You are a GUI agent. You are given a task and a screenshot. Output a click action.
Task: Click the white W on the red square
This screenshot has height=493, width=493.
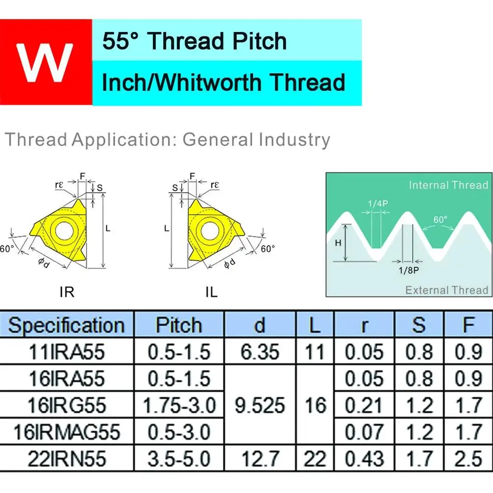coord(45,62)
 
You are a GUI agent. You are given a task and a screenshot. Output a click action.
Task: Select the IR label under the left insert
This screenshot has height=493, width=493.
coord(67,292)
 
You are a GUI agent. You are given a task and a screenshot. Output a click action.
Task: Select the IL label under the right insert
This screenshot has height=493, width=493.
coord(211,292)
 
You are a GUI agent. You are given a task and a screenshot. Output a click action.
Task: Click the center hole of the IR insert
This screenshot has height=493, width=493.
coord(64,231)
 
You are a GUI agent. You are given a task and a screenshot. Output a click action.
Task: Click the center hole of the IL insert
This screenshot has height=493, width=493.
coord(210,231)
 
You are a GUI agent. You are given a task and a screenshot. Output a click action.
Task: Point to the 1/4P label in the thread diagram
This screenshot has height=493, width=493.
coord(378,203)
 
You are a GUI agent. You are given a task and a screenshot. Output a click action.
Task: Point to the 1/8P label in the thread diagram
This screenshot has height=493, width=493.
coord(408,270)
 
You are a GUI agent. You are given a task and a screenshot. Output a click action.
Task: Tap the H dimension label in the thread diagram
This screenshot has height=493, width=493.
coord(338,243)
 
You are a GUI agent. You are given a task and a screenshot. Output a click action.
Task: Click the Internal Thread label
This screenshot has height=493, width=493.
coord(448,185)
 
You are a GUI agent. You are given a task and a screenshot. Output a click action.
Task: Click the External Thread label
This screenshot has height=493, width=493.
coord(446,290)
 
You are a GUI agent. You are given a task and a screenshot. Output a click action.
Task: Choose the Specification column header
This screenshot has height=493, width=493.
coord(66,325)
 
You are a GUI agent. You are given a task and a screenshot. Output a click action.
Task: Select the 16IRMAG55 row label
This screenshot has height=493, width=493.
coord(67,432)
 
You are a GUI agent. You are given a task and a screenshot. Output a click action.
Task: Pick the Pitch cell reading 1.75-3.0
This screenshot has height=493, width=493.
coord(179,405)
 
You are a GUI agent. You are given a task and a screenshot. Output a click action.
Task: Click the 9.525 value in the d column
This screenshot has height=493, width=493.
coord(260,405)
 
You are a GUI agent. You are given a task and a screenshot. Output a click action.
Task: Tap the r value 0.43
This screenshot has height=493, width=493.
coord(364,459)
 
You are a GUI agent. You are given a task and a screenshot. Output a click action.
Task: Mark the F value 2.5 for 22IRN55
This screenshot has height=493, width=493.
coord(468,459)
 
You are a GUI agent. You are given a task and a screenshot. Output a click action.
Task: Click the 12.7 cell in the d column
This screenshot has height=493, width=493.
coord(260,459)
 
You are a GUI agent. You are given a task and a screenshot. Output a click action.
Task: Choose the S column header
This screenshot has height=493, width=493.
coord(419,325)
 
